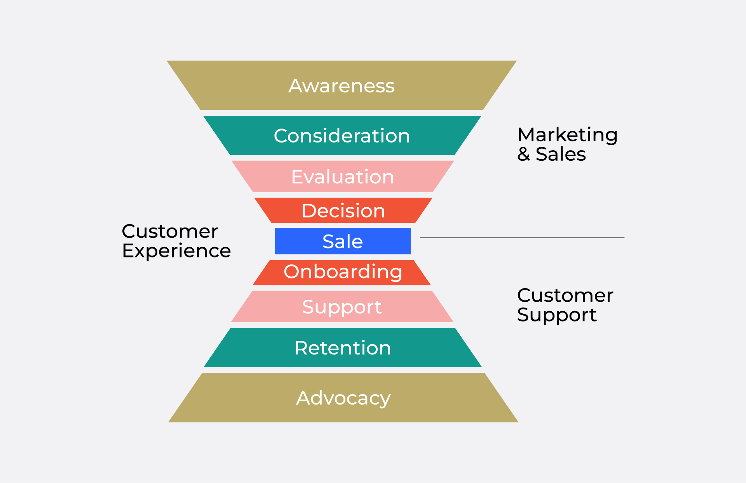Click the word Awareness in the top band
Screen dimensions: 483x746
pyautogui.click(x=342, y=86)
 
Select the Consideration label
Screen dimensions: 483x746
pyautogui.click(x=342, y=136)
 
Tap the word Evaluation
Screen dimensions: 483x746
pyautogui.click(x=342, y=177)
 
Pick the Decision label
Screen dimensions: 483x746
pyautogui.click(x=343, y=211)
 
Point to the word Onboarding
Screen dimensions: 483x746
pyautogui.click(x=343, y=272)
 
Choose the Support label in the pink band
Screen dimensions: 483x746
pyautogui.click(x=342, y=307)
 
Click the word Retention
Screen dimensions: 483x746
pyautogui.click(x=342, y=348)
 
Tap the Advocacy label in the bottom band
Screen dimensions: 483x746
pyautogui.click(x=343, y=398)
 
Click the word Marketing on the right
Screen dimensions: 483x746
pyautogui.click(x=567, y=135)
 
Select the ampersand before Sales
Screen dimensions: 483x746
pyautogui.click(x=523, y=154)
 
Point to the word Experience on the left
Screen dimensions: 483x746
pyautogui.click(x=176, y=251)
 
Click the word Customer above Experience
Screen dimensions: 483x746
pyautogui.click(x=170, y=231)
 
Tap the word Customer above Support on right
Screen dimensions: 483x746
pyautogui.click(x=565, y=295)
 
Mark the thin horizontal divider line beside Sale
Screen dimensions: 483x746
pyautogui.click(x=522, y=238)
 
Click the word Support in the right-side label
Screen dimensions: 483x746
pyautogui.click(x=556, y=315)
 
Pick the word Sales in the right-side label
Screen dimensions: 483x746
pyautogui.click(x=561, y=154)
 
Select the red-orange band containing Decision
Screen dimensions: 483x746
pyautogui.click(x=272, y=210)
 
